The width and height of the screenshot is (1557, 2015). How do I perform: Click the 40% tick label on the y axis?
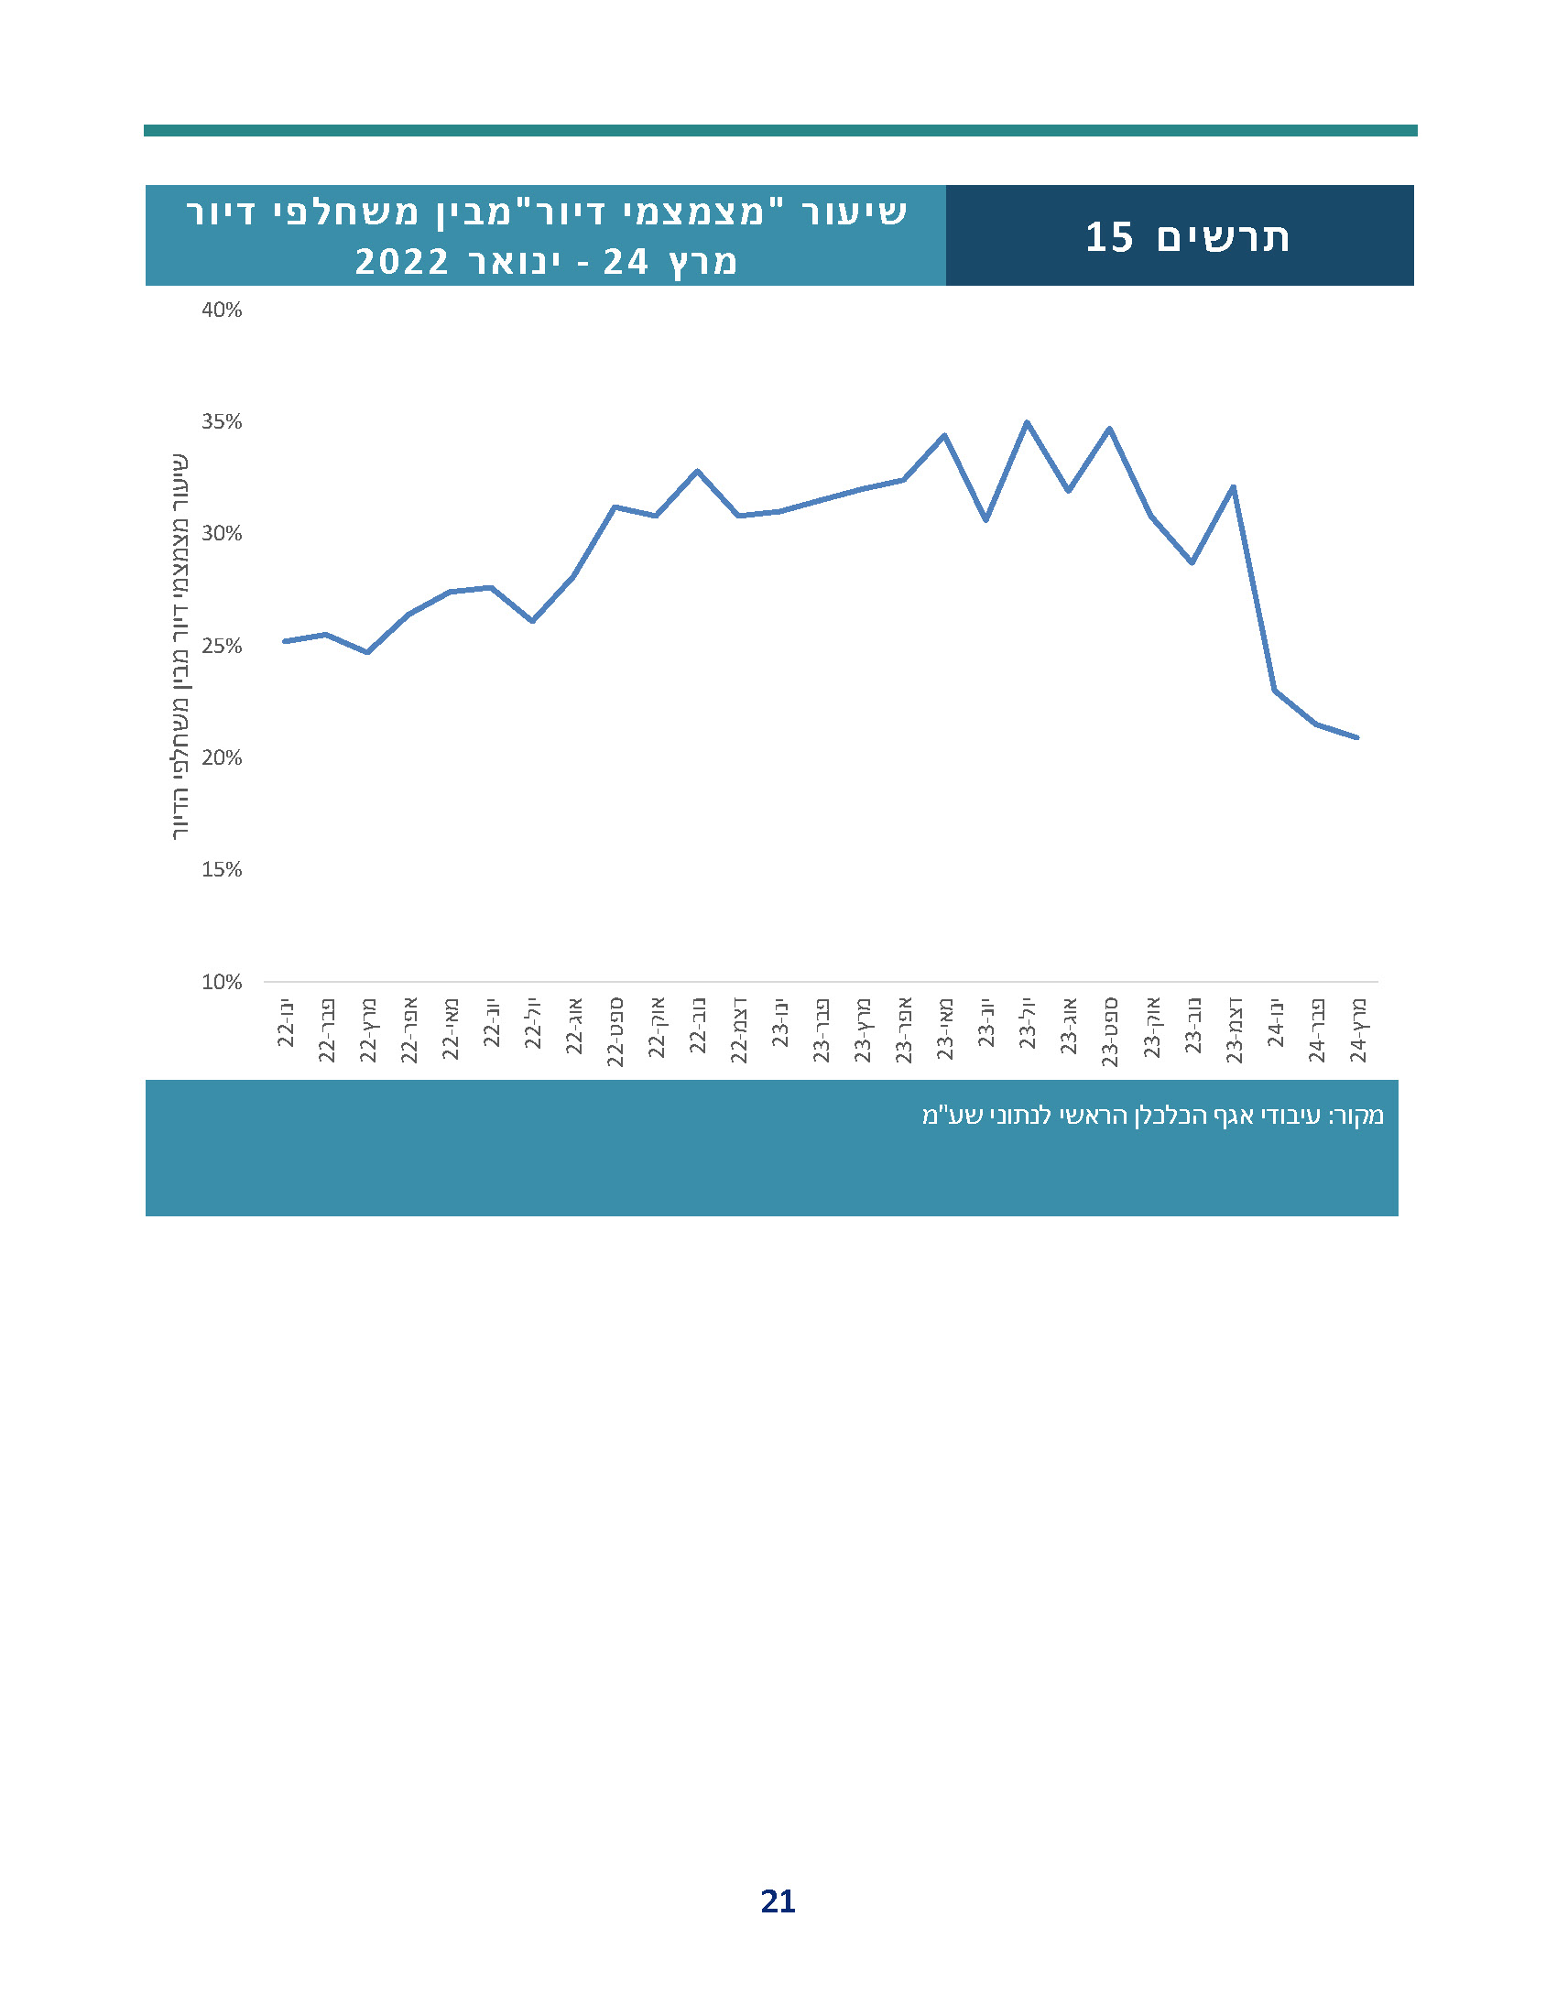point(222,310)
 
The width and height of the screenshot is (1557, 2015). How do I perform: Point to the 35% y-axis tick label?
point(222,421)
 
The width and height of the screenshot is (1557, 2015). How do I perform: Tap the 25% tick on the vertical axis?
point(222,646)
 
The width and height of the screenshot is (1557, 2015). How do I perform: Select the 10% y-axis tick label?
point(222,982)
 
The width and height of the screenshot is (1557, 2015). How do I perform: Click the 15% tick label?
point(222,869)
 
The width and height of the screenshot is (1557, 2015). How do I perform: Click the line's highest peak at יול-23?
point(1027,422)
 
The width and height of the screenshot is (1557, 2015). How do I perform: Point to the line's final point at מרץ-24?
point(1356,737)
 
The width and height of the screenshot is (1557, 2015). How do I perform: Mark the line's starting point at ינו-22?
point(285,640)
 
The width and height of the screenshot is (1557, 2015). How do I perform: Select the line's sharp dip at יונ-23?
point(986,519)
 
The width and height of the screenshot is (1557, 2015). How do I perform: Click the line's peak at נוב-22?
point(697,471)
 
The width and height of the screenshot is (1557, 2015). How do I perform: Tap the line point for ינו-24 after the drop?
point(1274,689)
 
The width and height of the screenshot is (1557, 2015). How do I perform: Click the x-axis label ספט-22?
point(615,1031)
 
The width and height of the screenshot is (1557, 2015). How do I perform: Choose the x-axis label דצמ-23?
point(1235,1029)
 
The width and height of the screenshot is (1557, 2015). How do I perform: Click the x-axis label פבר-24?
point(1316,1029)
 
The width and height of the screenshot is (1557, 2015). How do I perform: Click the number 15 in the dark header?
point(1108,237)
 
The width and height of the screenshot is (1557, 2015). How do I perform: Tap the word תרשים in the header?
point(1223,237)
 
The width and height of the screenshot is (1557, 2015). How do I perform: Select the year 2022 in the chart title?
point(402,262)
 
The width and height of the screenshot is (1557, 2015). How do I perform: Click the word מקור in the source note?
point(1357,1116)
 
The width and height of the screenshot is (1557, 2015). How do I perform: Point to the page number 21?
point(778,1901)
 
